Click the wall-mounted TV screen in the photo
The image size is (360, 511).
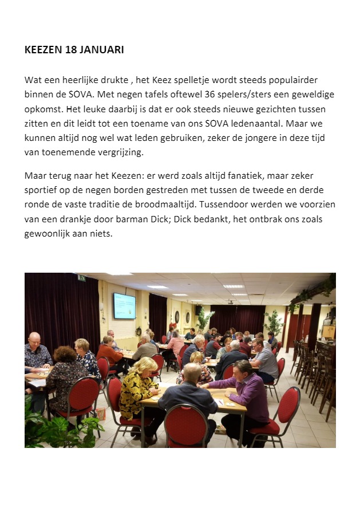point(124,305)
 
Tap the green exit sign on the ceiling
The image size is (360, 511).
point(81,278)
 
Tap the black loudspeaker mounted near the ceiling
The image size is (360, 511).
point(199,310)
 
